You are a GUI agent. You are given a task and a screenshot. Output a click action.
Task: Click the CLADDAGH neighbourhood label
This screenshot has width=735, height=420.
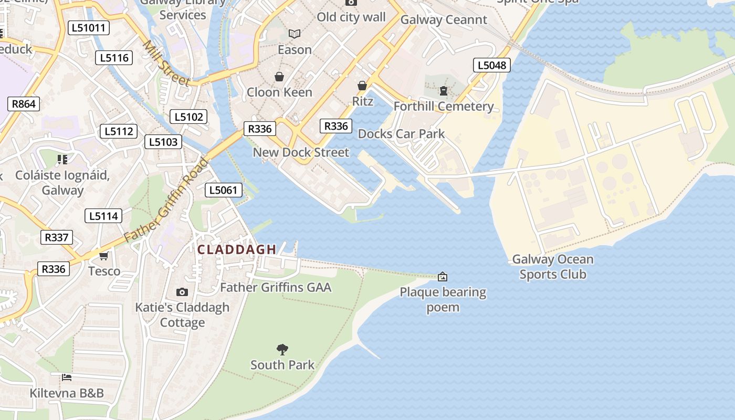(x=237, y=250)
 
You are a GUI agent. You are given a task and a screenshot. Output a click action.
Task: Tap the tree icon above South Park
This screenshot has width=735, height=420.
(x=282, y=350)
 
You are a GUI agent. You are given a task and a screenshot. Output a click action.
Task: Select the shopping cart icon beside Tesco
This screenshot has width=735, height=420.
(x=104, y=256)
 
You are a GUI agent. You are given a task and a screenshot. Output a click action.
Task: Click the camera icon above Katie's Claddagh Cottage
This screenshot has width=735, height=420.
(x=182, y=292)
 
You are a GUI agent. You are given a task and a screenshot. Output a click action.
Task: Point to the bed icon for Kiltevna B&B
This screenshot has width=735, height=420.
(x=66, y=377)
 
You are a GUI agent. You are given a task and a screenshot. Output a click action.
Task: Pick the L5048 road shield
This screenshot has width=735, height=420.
(x=492, y=65)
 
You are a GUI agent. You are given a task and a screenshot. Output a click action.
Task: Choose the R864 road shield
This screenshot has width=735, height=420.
(x=24, y=104)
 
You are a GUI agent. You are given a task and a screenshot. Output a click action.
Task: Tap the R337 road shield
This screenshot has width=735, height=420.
(x=56, y=237)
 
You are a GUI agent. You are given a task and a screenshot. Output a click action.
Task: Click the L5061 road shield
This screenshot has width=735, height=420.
(x=224, y=190)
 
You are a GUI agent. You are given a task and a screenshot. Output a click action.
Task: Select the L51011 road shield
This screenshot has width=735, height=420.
(x=88, y=28)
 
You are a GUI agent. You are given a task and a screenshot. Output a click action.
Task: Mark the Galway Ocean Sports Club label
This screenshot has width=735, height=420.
(x=553, y=267)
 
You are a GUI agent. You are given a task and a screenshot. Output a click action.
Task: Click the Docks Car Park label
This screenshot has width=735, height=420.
(x=401, y=134)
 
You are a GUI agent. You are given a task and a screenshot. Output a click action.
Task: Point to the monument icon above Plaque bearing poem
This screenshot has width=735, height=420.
(x=443, y=276)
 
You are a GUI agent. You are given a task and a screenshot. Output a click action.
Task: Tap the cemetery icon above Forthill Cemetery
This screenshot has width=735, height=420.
(x=444, y=91)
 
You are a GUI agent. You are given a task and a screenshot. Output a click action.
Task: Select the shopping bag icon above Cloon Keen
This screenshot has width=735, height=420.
(x=279, y=77)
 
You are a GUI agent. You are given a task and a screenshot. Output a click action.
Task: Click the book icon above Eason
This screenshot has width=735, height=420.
(x=295, y=34)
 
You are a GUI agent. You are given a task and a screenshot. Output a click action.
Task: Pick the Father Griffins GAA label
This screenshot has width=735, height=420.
(x=276, y=287)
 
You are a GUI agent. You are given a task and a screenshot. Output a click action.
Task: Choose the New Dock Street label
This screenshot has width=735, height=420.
(x=301, y=152)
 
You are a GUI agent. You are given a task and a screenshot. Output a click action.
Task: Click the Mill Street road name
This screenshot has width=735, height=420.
(x=166, y=63)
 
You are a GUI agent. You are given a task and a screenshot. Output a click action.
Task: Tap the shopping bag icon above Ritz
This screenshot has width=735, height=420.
(x=362, y=86)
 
